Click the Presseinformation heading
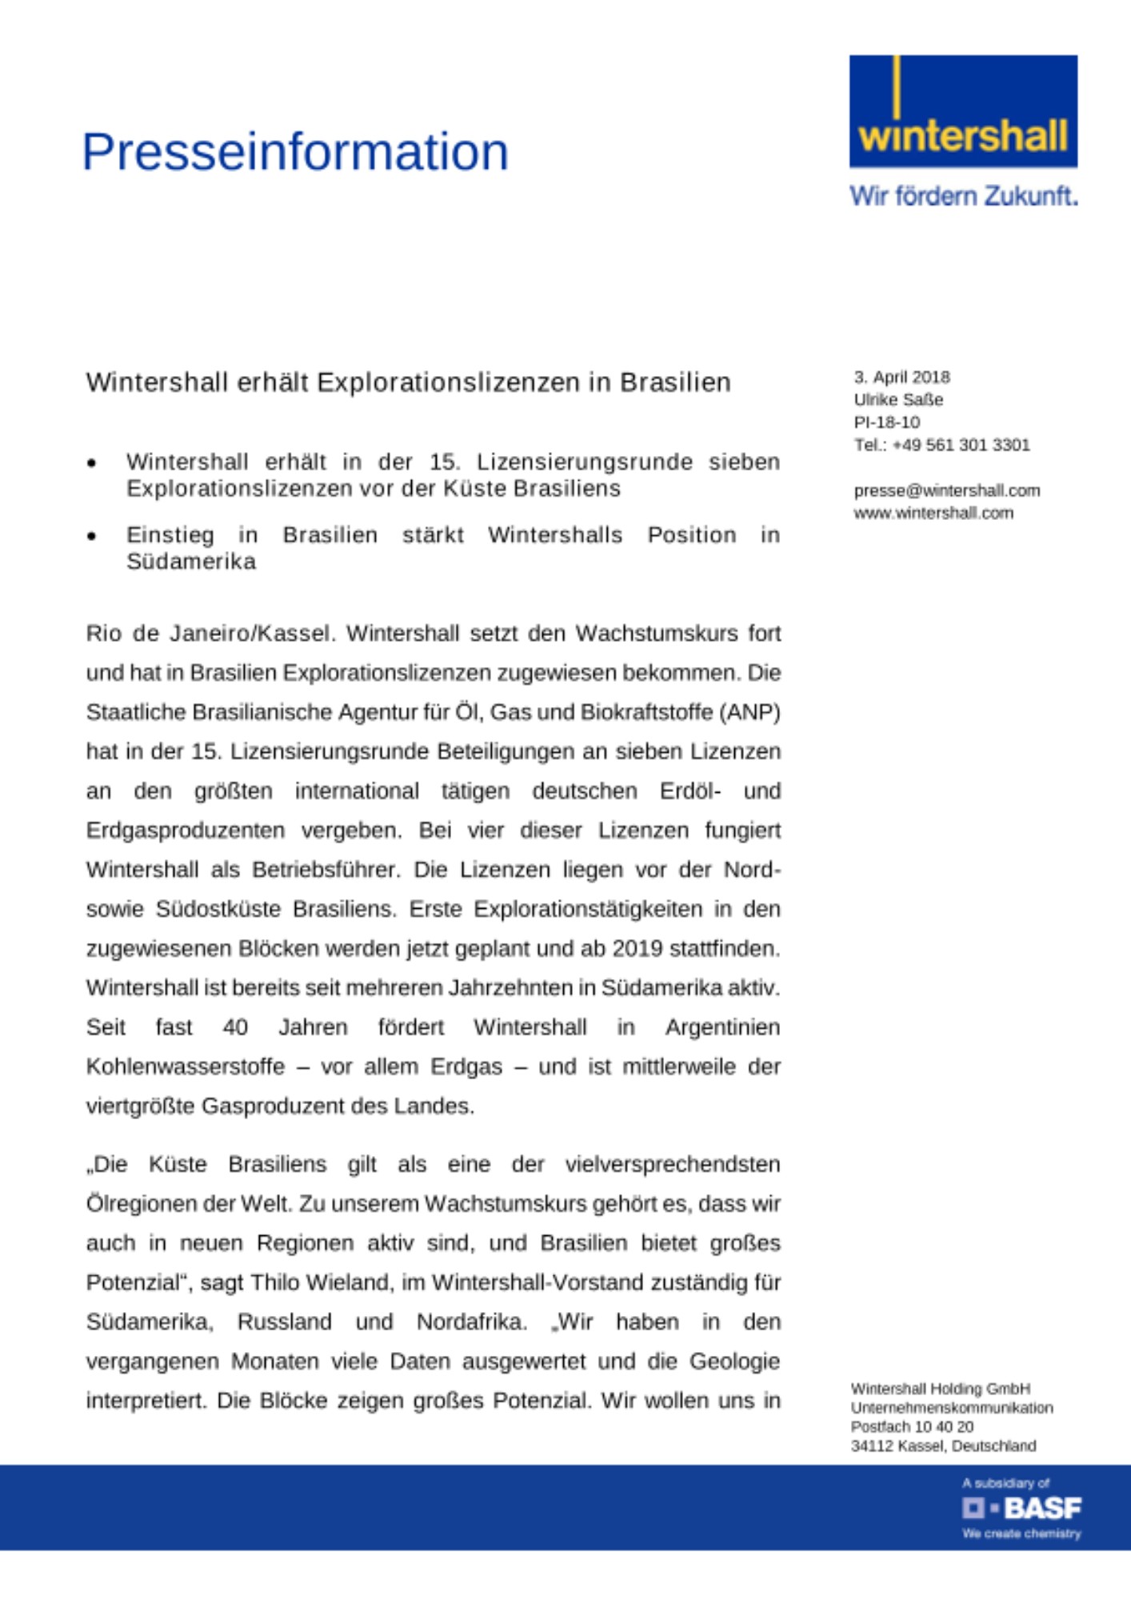(294, 152)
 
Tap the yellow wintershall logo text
(962, 137)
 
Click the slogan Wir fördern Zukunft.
(963, 196)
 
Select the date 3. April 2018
(901, 377)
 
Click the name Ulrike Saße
(898, 399)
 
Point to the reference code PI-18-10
(886, 422)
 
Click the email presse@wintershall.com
(946, 490)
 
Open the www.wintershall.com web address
(933, 513)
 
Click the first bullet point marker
(92, 463)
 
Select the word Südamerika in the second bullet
(191, 562)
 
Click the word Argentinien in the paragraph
(722, 1027)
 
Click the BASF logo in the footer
(1021, 1508)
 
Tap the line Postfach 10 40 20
(912, 1426)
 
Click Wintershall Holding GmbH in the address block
(940, 1389)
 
